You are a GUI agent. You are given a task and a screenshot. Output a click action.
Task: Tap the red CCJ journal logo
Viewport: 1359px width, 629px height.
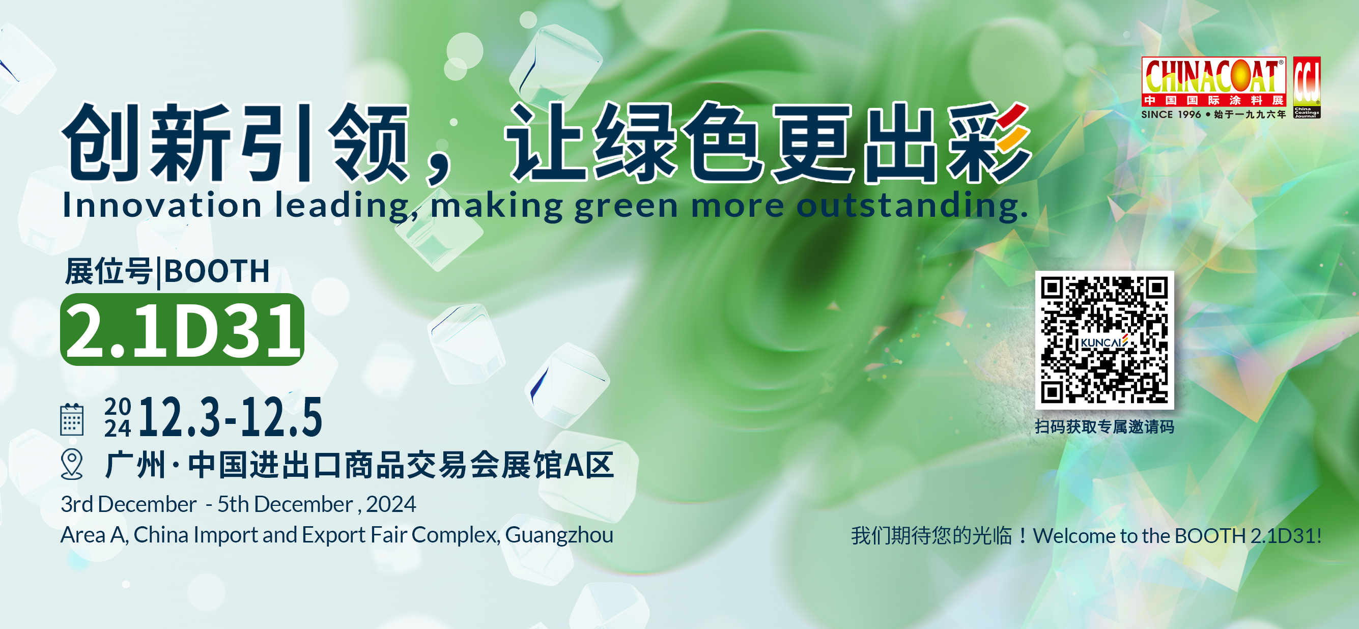(x=1307, y=88)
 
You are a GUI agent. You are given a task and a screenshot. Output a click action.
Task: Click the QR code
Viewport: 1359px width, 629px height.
(x=1104, y=340)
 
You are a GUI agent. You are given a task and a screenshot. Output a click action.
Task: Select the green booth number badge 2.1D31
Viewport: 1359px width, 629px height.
(x=182, y=330)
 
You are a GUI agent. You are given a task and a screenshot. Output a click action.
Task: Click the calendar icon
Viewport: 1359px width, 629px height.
(x=72, y=419)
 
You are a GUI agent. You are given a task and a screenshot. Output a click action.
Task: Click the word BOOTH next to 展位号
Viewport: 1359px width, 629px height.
(x=217, y=271)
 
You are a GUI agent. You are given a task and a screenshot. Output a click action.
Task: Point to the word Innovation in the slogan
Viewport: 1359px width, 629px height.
(x=162, y=205)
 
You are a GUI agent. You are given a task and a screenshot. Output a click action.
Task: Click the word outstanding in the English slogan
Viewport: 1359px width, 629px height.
(x=912, y=205)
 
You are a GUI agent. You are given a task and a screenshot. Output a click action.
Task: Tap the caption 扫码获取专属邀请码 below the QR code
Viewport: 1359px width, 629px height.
(x=1104, y=426)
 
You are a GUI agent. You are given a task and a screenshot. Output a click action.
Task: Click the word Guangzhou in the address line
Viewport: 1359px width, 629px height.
(x=559, y=535)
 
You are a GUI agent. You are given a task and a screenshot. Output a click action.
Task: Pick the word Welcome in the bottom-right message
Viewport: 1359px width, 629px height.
(x=1074, y=535)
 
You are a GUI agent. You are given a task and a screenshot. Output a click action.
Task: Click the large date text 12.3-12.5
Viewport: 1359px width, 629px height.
(x=230, y=417)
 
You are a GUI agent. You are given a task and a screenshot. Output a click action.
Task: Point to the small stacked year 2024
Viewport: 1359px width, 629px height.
(x=117, y=417)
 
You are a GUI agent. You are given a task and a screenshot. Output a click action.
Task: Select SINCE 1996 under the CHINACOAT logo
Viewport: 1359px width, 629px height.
(x=1171, y=115)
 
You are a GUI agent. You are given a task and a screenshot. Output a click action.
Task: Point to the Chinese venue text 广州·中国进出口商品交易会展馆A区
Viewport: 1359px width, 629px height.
(x=360, y=465)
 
